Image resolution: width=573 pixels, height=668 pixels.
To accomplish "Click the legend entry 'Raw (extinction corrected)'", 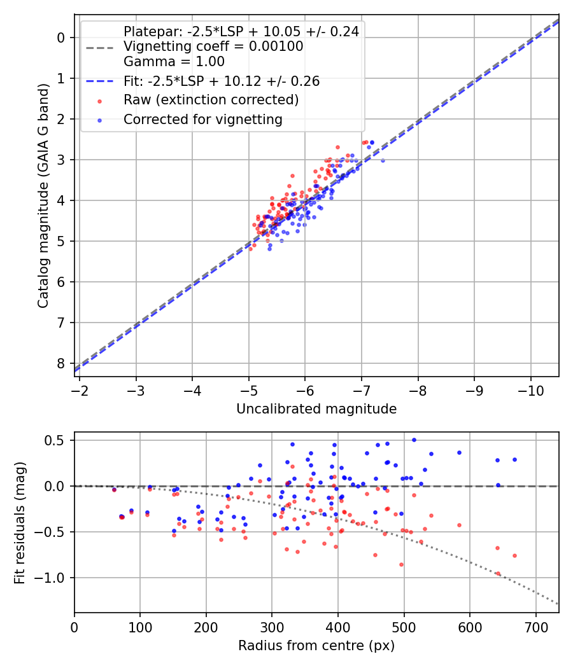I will click(x=211, y=100).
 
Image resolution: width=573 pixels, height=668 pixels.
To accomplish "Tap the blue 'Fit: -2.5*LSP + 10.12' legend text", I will click(x=221, y=81).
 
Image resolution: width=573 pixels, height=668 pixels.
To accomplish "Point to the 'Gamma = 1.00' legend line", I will click(x=174, y=62).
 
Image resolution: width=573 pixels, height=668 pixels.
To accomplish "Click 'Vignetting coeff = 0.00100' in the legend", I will click(x=213, y=46).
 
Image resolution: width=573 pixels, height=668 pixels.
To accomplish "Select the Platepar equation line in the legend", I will click(x=241, y=32).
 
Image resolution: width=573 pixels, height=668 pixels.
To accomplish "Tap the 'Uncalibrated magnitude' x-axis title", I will click(x=316, y=409).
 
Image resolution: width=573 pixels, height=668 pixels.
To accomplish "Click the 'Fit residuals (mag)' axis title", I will click(x=20, y=522).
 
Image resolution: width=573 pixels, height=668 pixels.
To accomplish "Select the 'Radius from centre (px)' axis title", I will click(x=316, y=646).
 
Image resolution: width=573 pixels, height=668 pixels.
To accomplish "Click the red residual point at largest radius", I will click(x=514, y=555).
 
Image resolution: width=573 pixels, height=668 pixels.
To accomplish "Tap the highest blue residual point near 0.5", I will click(x=414, y=440).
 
